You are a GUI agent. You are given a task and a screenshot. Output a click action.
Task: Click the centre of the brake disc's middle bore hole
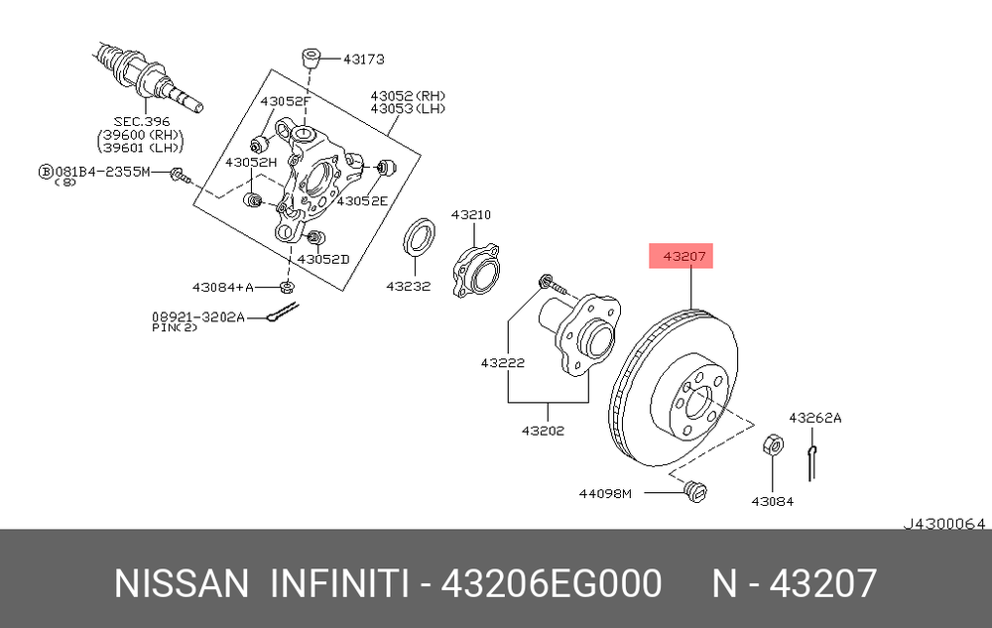[x=698, y=403]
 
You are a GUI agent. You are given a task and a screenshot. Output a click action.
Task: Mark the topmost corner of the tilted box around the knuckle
[x=272, y=69]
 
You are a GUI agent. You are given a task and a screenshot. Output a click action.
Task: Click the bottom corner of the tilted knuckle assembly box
[x=343, y=291]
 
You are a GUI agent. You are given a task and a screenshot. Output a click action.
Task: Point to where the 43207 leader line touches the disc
[x=691, y=310]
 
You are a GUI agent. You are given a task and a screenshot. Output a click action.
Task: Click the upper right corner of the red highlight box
[x=713, y=243]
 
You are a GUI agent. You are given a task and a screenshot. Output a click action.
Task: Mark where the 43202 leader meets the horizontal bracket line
[x=548, y=402]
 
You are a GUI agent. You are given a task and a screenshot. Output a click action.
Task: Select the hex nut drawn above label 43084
[x=773, y=445]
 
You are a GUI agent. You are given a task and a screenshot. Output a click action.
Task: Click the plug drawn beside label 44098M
[x=695, y=491]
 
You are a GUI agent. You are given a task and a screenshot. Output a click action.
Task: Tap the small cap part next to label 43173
[x=310, y=59]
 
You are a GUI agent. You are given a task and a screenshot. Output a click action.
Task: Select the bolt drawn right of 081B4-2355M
[x=181, y=175]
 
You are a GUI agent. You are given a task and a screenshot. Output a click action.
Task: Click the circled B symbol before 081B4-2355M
[x=46, y=172]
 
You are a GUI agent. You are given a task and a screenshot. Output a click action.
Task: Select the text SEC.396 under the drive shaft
[x=142, y=121]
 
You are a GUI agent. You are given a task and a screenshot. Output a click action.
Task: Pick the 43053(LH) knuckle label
[x=408, y=109]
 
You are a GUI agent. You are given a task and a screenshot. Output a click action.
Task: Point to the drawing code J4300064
[x=944, y=524]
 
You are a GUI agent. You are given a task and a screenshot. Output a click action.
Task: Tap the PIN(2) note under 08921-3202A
[x=175, y=327]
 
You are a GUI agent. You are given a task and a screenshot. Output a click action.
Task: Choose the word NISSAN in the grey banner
[x=182, y=583]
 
